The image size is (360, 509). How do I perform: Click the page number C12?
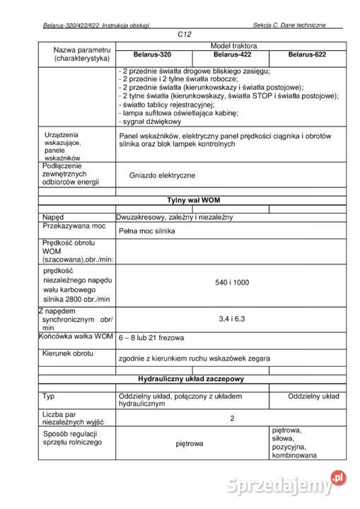[x=185, y=34]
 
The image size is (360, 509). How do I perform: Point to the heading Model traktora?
[x=233, y=45]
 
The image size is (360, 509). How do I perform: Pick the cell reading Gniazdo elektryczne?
[x=162, y=175]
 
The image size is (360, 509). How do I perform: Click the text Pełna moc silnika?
[x=146, y=231]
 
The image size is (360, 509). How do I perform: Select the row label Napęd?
[x=53, y=216]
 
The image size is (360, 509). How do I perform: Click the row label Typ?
[x=48, y=396]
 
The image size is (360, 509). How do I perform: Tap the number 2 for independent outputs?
[x=232, y=418]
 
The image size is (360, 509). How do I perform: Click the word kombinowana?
[x=294, y=456]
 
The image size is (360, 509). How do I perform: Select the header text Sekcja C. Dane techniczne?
[x=289, y=25]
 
